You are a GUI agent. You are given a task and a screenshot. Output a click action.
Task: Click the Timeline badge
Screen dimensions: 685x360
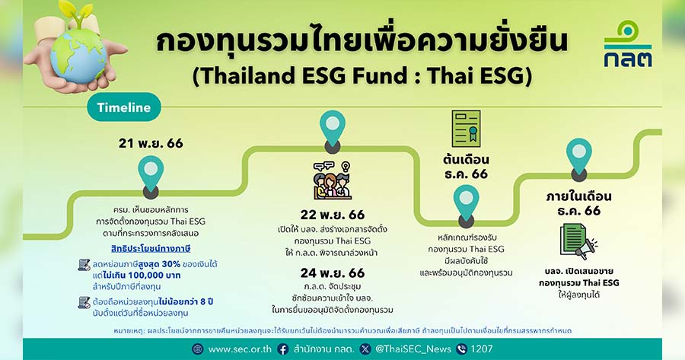point(124,107)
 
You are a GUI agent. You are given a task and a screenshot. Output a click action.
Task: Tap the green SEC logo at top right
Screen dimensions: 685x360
point(628,43)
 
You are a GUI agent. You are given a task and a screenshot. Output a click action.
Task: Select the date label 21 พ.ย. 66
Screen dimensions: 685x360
point(151,143)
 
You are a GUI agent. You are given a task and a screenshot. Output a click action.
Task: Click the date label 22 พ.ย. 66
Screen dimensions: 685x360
point(333,215)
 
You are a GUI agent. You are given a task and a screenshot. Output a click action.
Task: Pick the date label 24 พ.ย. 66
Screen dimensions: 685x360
point(333,273)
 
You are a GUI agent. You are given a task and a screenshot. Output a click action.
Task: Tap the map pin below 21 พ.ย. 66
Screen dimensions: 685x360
point(151,177)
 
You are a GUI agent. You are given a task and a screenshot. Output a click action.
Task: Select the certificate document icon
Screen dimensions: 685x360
point(466,129)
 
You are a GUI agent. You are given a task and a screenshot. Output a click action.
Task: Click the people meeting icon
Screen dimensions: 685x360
point(333,180)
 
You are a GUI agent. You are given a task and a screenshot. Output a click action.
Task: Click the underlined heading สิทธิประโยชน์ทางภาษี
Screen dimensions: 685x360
point(151,249)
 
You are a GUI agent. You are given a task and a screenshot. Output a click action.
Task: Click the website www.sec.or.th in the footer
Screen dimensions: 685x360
point(240,349)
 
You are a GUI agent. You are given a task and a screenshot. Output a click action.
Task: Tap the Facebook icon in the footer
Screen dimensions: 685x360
point(282,349)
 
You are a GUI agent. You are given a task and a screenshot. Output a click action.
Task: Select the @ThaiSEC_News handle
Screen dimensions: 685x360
point(413,349)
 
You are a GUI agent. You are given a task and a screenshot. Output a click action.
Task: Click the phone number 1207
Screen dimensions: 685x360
point(482,349)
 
